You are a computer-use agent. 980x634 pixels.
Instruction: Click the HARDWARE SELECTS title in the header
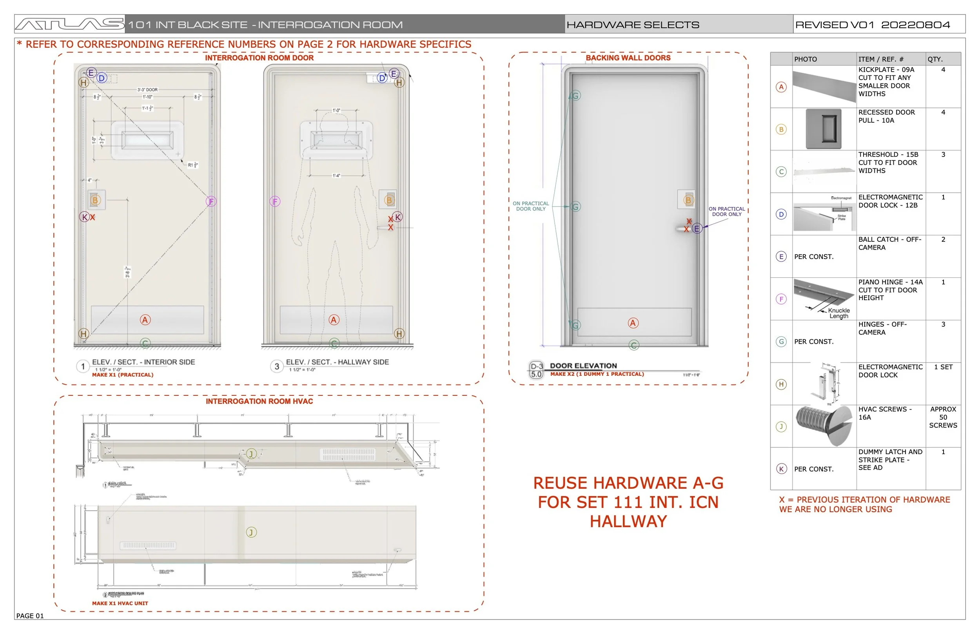pos(632,25)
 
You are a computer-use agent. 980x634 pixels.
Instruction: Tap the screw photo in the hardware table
pos(824,425)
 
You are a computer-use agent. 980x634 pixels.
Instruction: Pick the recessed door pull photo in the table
pos(824,129)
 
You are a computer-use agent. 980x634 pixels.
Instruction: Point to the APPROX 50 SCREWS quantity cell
pos(942,417)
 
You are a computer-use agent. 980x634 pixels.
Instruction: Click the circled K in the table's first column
pos(781,469)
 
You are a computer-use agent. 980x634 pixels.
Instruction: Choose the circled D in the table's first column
pos(781,214)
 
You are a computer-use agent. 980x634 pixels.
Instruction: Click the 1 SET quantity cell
pos(943,367)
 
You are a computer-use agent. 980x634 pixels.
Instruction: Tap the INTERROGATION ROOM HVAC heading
pos(260,401)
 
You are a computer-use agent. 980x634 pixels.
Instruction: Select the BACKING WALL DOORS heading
pos(628,58)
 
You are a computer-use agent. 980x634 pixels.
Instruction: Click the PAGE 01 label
pos(30,616)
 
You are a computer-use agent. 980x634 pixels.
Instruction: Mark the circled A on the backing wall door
pos(633,323)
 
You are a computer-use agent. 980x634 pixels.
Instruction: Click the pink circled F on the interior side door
pos(211,201)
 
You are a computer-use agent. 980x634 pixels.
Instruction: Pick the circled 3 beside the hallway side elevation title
pos(277,366)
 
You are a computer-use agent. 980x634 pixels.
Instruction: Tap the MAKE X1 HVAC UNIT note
pos(120,603)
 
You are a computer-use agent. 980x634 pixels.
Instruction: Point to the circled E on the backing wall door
pos(696,228)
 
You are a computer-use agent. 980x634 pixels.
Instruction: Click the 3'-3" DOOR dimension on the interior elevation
pos(147,90)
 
